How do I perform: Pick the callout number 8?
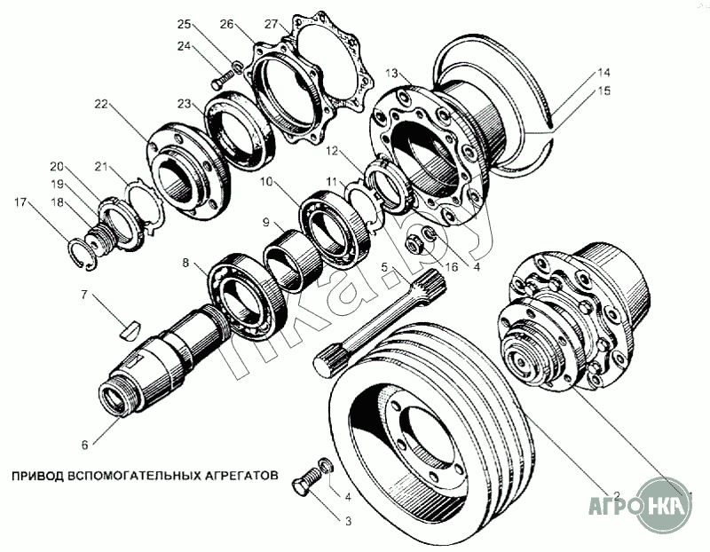pyautogui.click(x=185, y=263)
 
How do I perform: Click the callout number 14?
pyautogui.click(x=603, y=72)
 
